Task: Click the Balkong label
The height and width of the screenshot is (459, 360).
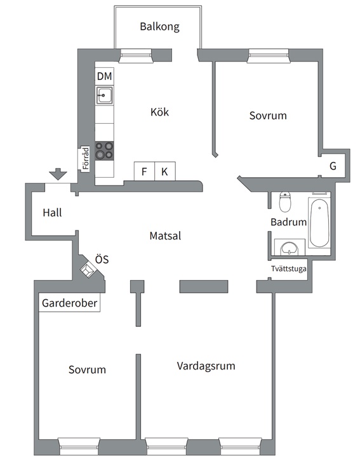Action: (159, 27)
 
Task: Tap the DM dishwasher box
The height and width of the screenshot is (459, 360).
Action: (105, 76)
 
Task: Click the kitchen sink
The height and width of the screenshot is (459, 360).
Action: (105, 95)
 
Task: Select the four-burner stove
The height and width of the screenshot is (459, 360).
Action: (105, 150)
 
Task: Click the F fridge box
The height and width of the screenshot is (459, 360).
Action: (144, 171)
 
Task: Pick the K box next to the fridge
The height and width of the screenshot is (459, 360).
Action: (165, 171)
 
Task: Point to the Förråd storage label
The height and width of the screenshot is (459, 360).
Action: (85, 158)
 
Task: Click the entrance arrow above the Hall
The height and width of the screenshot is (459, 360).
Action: (58, 174)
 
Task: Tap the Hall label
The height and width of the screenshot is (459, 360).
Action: (52, 213)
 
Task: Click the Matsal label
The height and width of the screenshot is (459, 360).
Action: (165, 236)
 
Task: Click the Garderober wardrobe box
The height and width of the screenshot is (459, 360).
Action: (69, 303)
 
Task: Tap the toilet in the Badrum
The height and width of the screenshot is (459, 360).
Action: (285, 202)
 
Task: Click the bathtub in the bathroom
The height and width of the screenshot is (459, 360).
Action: (319, 223)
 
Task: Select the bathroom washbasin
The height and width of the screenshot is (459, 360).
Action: (290, 248)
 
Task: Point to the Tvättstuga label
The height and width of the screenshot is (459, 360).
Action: (289, 269)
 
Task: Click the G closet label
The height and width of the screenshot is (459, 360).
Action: (333, 166)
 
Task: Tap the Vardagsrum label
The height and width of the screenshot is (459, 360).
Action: (206, 366)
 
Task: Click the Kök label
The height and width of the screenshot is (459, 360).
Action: (159, 112)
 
